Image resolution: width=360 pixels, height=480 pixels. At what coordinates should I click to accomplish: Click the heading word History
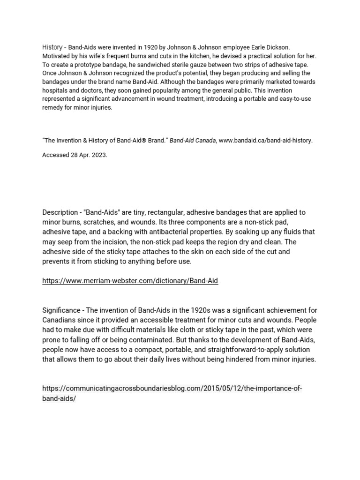[x=52, y=47]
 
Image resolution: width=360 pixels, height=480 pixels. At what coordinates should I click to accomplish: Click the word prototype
[x=87, y=64]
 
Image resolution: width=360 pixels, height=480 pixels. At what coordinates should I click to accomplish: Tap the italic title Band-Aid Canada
[x=192, y=141]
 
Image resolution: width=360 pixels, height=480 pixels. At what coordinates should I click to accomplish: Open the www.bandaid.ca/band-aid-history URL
[x=266, y=141]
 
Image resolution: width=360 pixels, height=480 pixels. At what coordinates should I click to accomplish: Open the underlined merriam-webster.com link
[x=130, y=281]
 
